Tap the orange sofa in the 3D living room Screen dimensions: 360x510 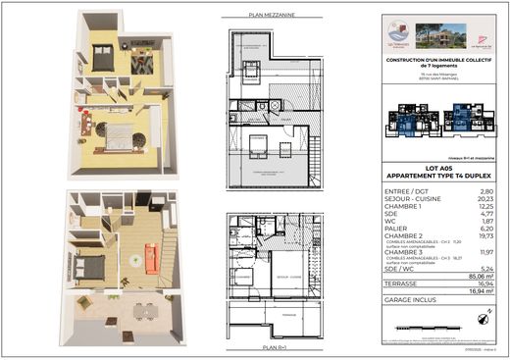[x=152, y=258]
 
